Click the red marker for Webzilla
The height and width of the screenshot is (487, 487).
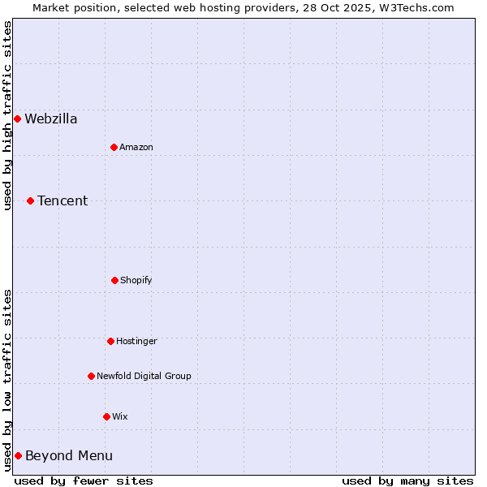pyautogui.click(x=17, y=119)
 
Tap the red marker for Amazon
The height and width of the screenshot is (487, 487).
pyautogui.click(x=114, y=147)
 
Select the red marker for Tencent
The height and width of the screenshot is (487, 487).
pyautogui.click(x=30, y=200)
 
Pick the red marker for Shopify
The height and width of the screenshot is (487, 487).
pyautogui.click(x=114, y=280)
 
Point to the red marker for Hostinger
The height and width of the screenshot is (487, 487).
pyautogui.click(x=110, y=341)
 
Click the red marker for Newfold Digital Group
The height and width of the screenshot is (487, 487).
pyautogui.click(x=91, y=376)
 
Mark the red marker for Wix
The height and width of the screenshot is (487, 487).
pyautogui.click(x=106, y=416)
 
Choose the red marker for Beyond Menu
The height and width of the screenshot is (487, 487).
pyautogui.click(x=18, y=455)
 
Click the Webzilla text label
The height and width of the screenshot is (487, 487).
pyautogui.click(x=51, y=119)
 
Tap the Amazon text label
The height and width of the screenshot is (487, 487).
pyautogui.click(x=136, y=148)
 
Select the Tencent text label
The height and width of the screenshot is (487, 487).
pyautogui.click(x=62, y=201)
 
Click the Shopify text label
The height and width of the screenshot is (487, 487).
pyautogui.click(x=136, y=281)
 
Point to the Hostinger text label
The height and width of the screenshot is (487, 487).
pyautogui.click(x=136, y=342)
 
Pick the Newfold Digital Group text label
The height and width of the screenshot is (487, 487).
pyautogui.click(x=144, y=377)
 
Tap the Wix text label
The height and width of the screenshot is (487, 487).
pyautogui.click(x=120, y=417)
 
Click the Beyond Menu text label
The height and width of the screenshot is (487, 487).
pyautogui.click(x=69, y=456)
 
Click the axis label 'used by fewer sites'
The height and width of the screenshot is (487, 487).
pyautogui.click(x=84, y=481)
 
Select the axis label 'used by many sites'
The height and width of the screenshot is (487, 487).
pyautogui.click(x=407, y=481)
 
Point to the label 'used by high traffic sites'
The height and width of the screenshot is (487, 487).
pyautogui.click(x=7, y=115)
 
